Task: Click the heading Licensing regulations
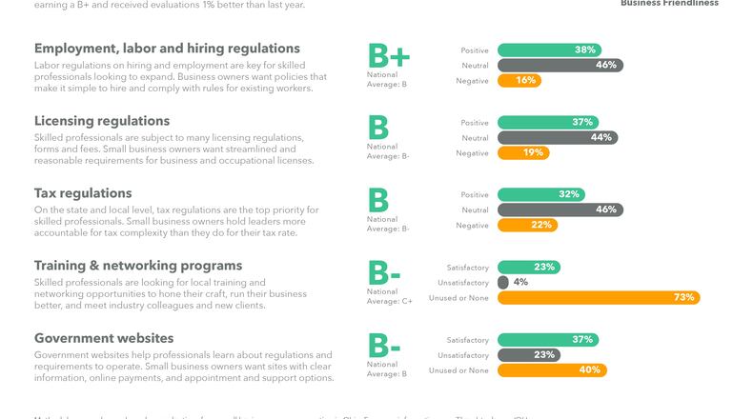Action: click(x=102, y=121)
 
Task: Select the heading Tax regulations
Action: click(x=83, y=193)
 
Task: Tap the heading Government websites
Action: click(x=104, y=338)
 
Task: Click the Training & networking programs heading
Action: click(x=138, y=266)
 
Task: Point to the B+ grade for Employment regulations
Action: click(x=388, y=56)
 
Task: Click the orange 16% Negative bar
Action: click(x=519, y=81)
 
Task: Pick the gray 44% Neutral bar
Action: click(x=558, y=137)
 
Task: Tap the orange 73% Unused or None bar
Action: click(x=599, y=297)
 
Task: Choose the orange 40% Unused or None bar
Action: click(x=552, y=369)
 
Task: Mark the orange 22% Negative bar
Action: click(x=525, y=225)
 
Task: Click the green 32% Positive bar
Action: click(x=541, y=194)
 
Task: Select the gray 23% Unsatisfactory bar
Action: click(x=528, y=354)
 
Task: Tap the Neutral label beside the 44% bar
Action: click(x=474, y=138)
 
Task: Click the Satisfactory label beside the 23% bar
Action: click(x=467, y=268)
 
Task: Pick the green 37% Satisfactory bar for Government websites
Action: click(x=548, y=339)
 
